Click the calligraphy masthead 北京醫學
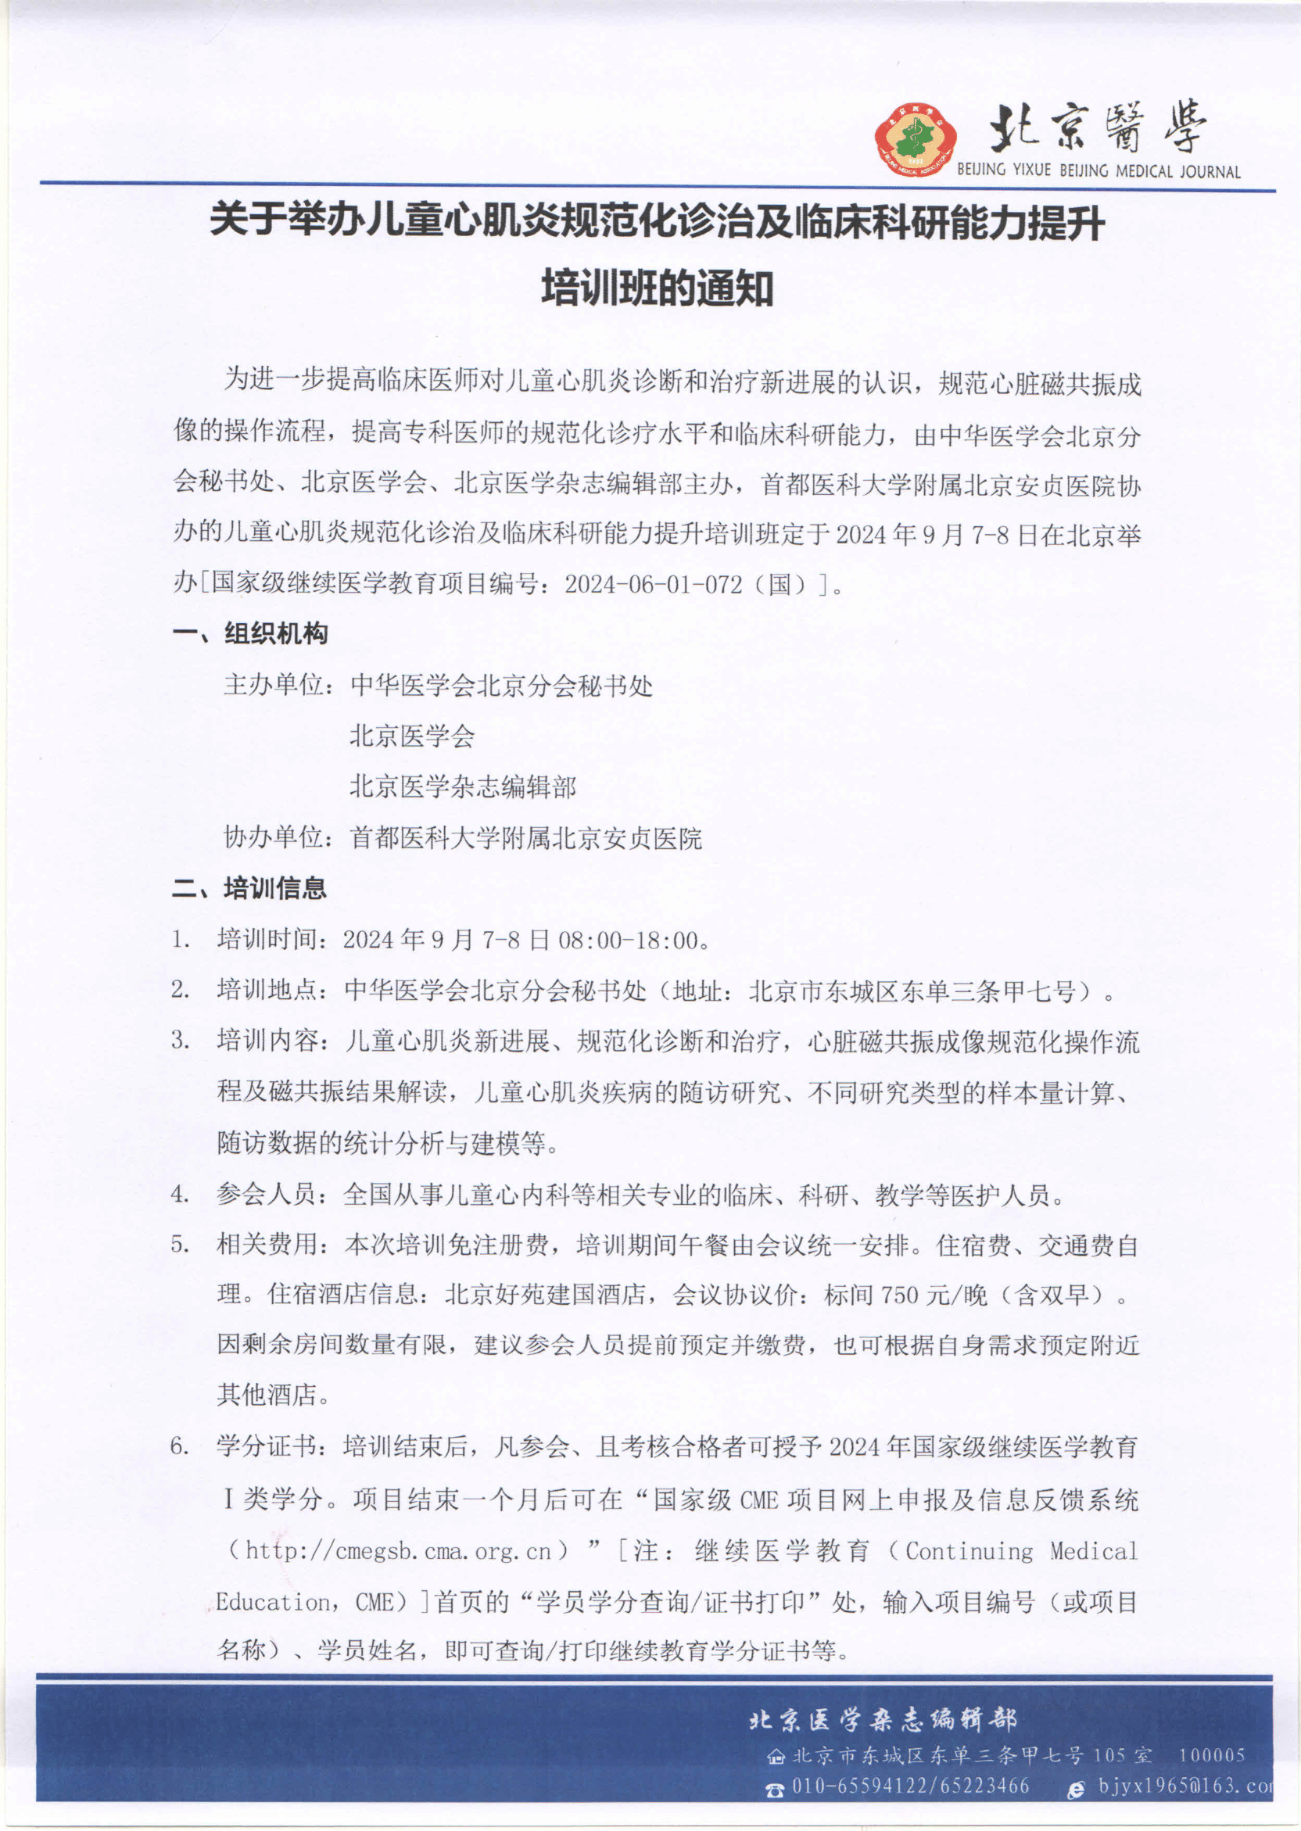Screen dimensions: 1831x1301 point(1098,128)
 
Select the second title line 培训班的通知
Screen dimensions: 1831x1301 point(657,288)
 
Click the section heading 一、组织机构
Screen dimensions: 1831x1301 point(250,633)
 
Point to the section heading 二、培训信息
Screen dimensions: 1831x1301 point(249,887)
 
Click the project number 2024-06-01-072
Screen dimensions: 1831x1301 point(653,584)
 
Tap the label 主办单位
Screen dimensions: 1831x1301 point(273,686)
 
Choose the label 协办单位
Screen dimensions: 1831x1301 point(273,838)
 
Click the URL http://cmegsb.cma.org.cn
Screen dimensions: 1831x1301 point(398,1551)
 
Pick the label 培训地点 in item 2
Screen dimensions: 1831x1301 point(267,991)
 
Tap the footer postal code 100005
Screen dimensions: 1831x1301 point(1211,1756)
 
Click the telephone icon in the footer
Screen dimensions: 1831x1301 point(774,1787)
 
